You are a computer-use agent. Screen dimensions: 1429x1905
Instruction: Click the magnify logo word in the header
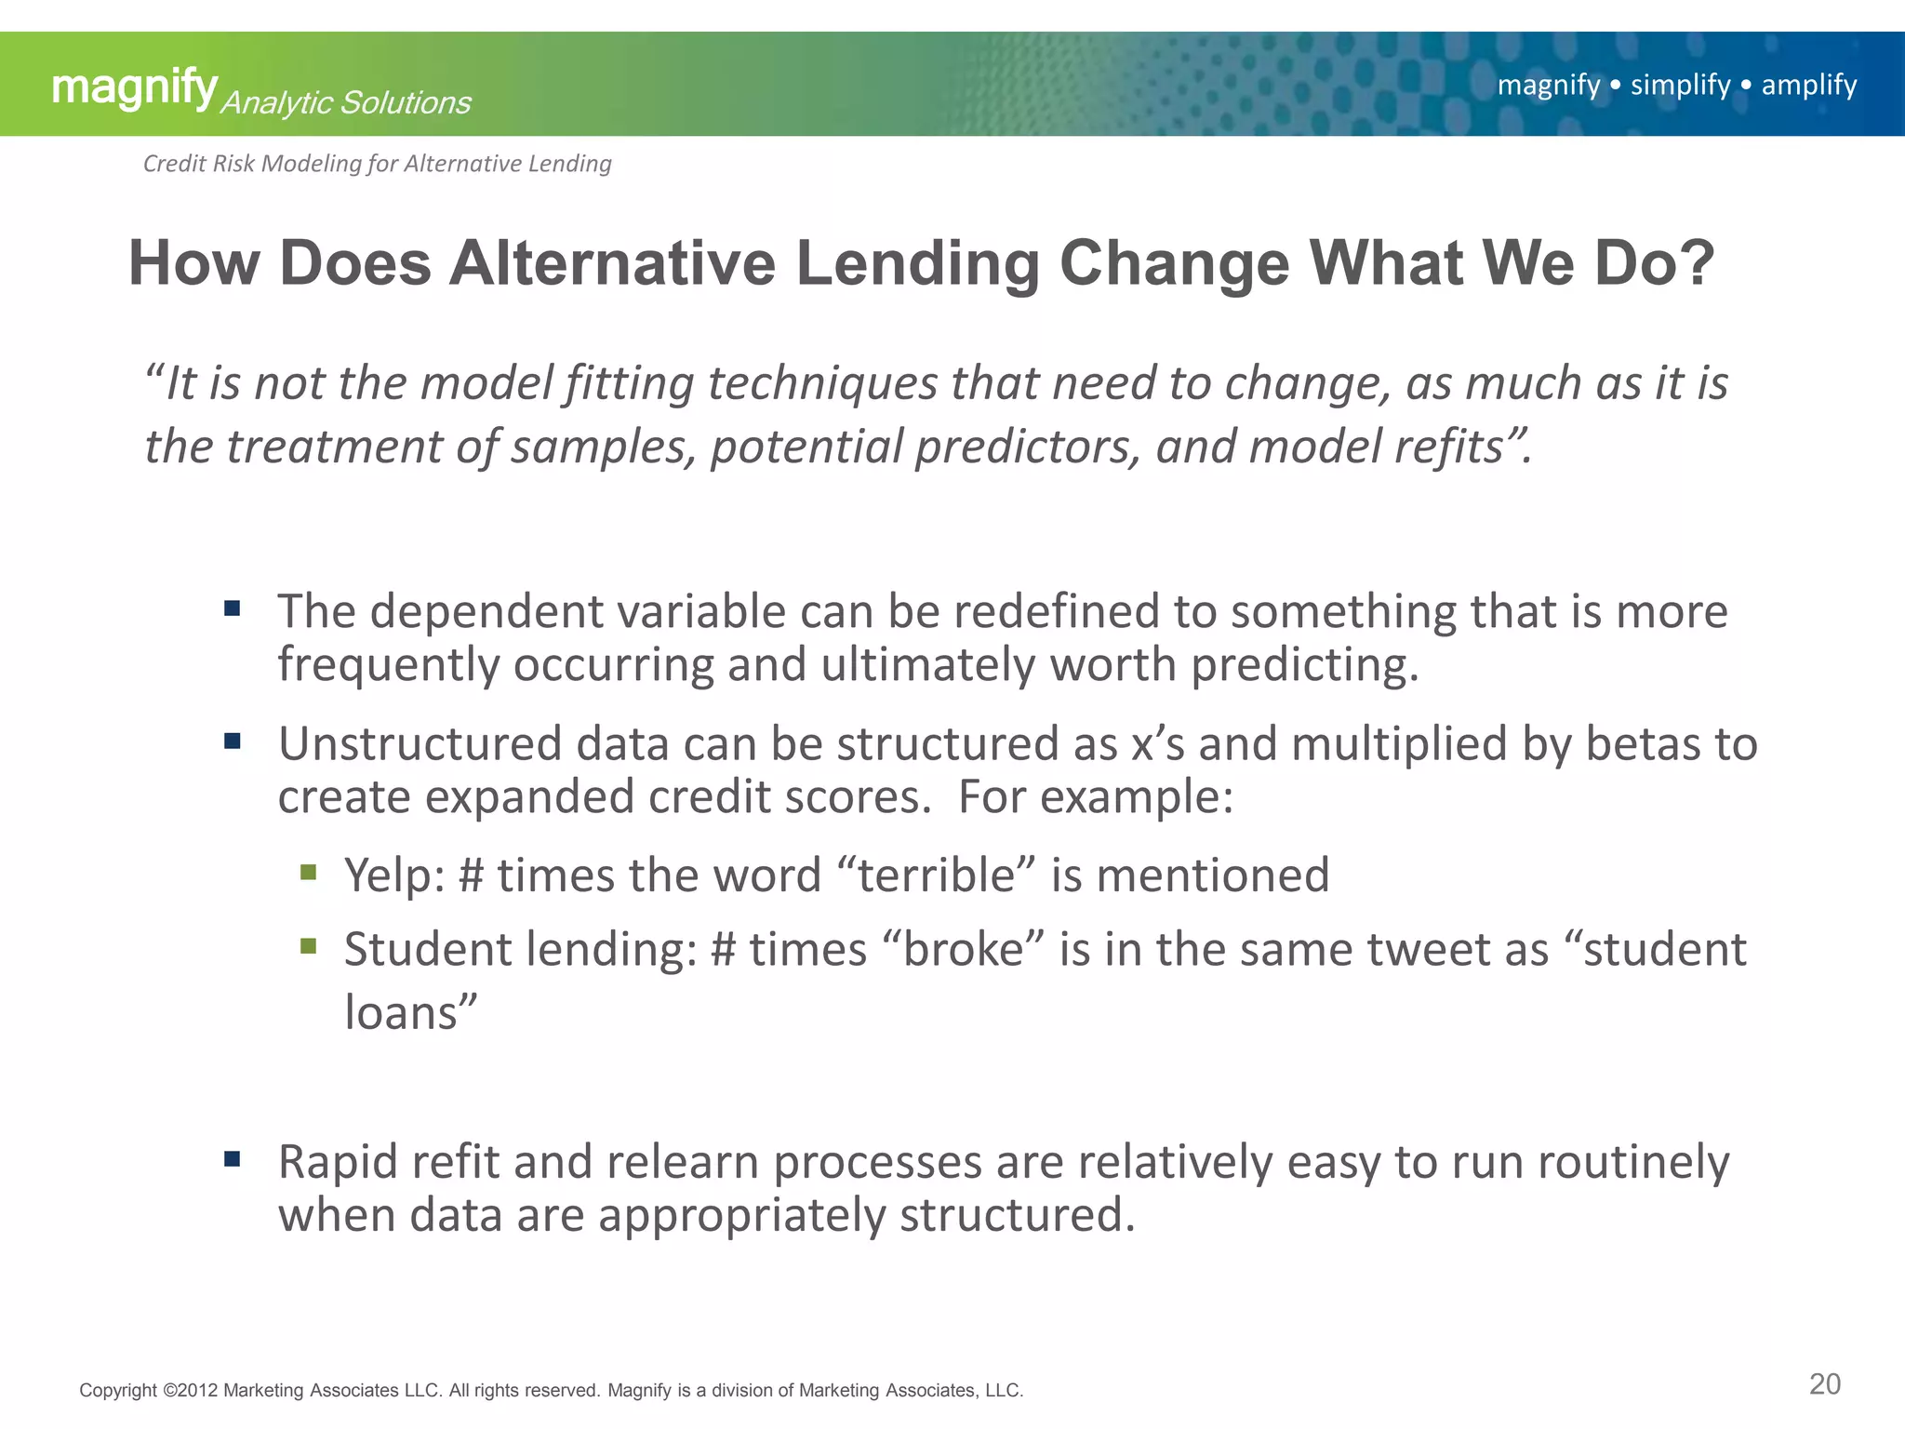pyautogui.click(x=134, y=88)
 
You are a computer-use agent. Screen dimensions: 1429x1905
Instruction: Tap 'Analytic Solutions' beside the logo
pyautogui.click(x=345, y=102)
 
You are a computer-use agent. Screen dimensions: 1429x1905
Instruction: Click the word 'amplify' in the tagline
pyautogui.click(x=1808, y=85)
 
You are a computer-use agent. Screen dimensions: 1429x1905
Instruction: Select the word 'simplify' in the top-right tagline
pyautogui.click(x=1680, y=85)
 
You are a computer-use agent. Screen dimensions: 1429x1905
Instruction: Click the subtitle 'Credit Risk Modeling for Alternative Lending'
pyautogui.click(x=377, y=164)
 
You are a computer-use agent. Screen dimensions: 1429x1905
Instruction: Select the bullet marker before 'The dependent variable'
pyautogui.click(x=233, y=609)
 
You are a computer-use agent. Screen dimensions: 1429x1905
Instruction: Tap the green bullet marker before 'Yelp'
pyautogui.click(x=309, y=873)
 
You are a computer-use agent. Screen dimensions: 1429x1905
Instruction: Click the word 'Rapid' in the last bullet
pyautogui.click(x=342, y=1162)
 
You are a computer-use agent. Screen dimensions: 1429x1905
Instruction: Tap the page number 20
pyautogui.click(x=1824, y=1384)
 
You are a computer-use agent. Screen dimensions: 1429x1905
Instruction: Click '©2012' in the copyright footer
pyautogui.click(x=190, y=1391)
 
